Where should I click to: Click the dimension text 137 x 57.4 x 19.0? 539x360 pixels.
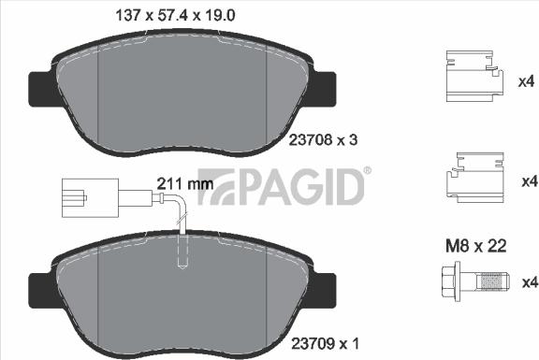(174, 14)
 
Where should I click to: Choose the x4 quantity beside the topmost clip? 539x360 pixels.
(527, 81)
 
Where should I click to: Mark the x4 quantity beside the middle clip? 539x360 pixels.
(527, 180)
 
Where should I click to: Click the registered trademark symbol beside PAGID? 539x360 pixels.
(367, 171)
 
